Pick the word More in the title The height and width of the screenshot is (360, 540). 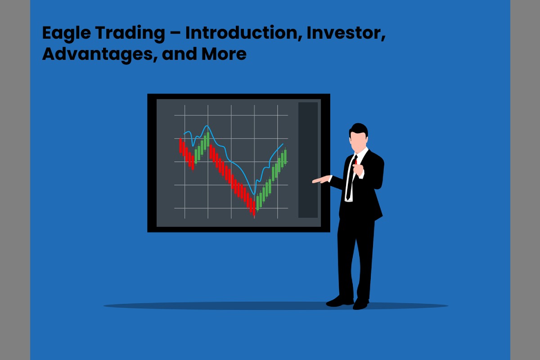224,54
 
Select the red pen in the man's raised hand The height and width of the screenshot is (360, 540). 356,162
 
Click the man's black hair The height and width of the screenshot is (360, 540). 359,130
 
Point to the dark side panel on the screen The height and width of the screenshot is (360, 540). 308,160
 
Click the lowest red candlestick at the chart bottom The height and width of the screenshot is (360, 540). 254,208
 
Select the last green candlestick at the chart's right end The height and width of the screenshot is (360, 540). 285,157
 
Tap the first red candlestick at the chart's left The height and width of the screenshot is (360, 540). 180,145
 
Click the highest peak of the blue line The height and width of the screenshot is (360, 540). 207,126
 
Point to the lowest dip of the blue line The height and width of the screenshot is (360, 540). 254,194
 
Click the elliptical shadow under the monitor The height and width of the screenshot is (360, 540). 276,306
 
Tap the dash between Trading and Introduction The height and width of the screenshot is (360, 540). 175,33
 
